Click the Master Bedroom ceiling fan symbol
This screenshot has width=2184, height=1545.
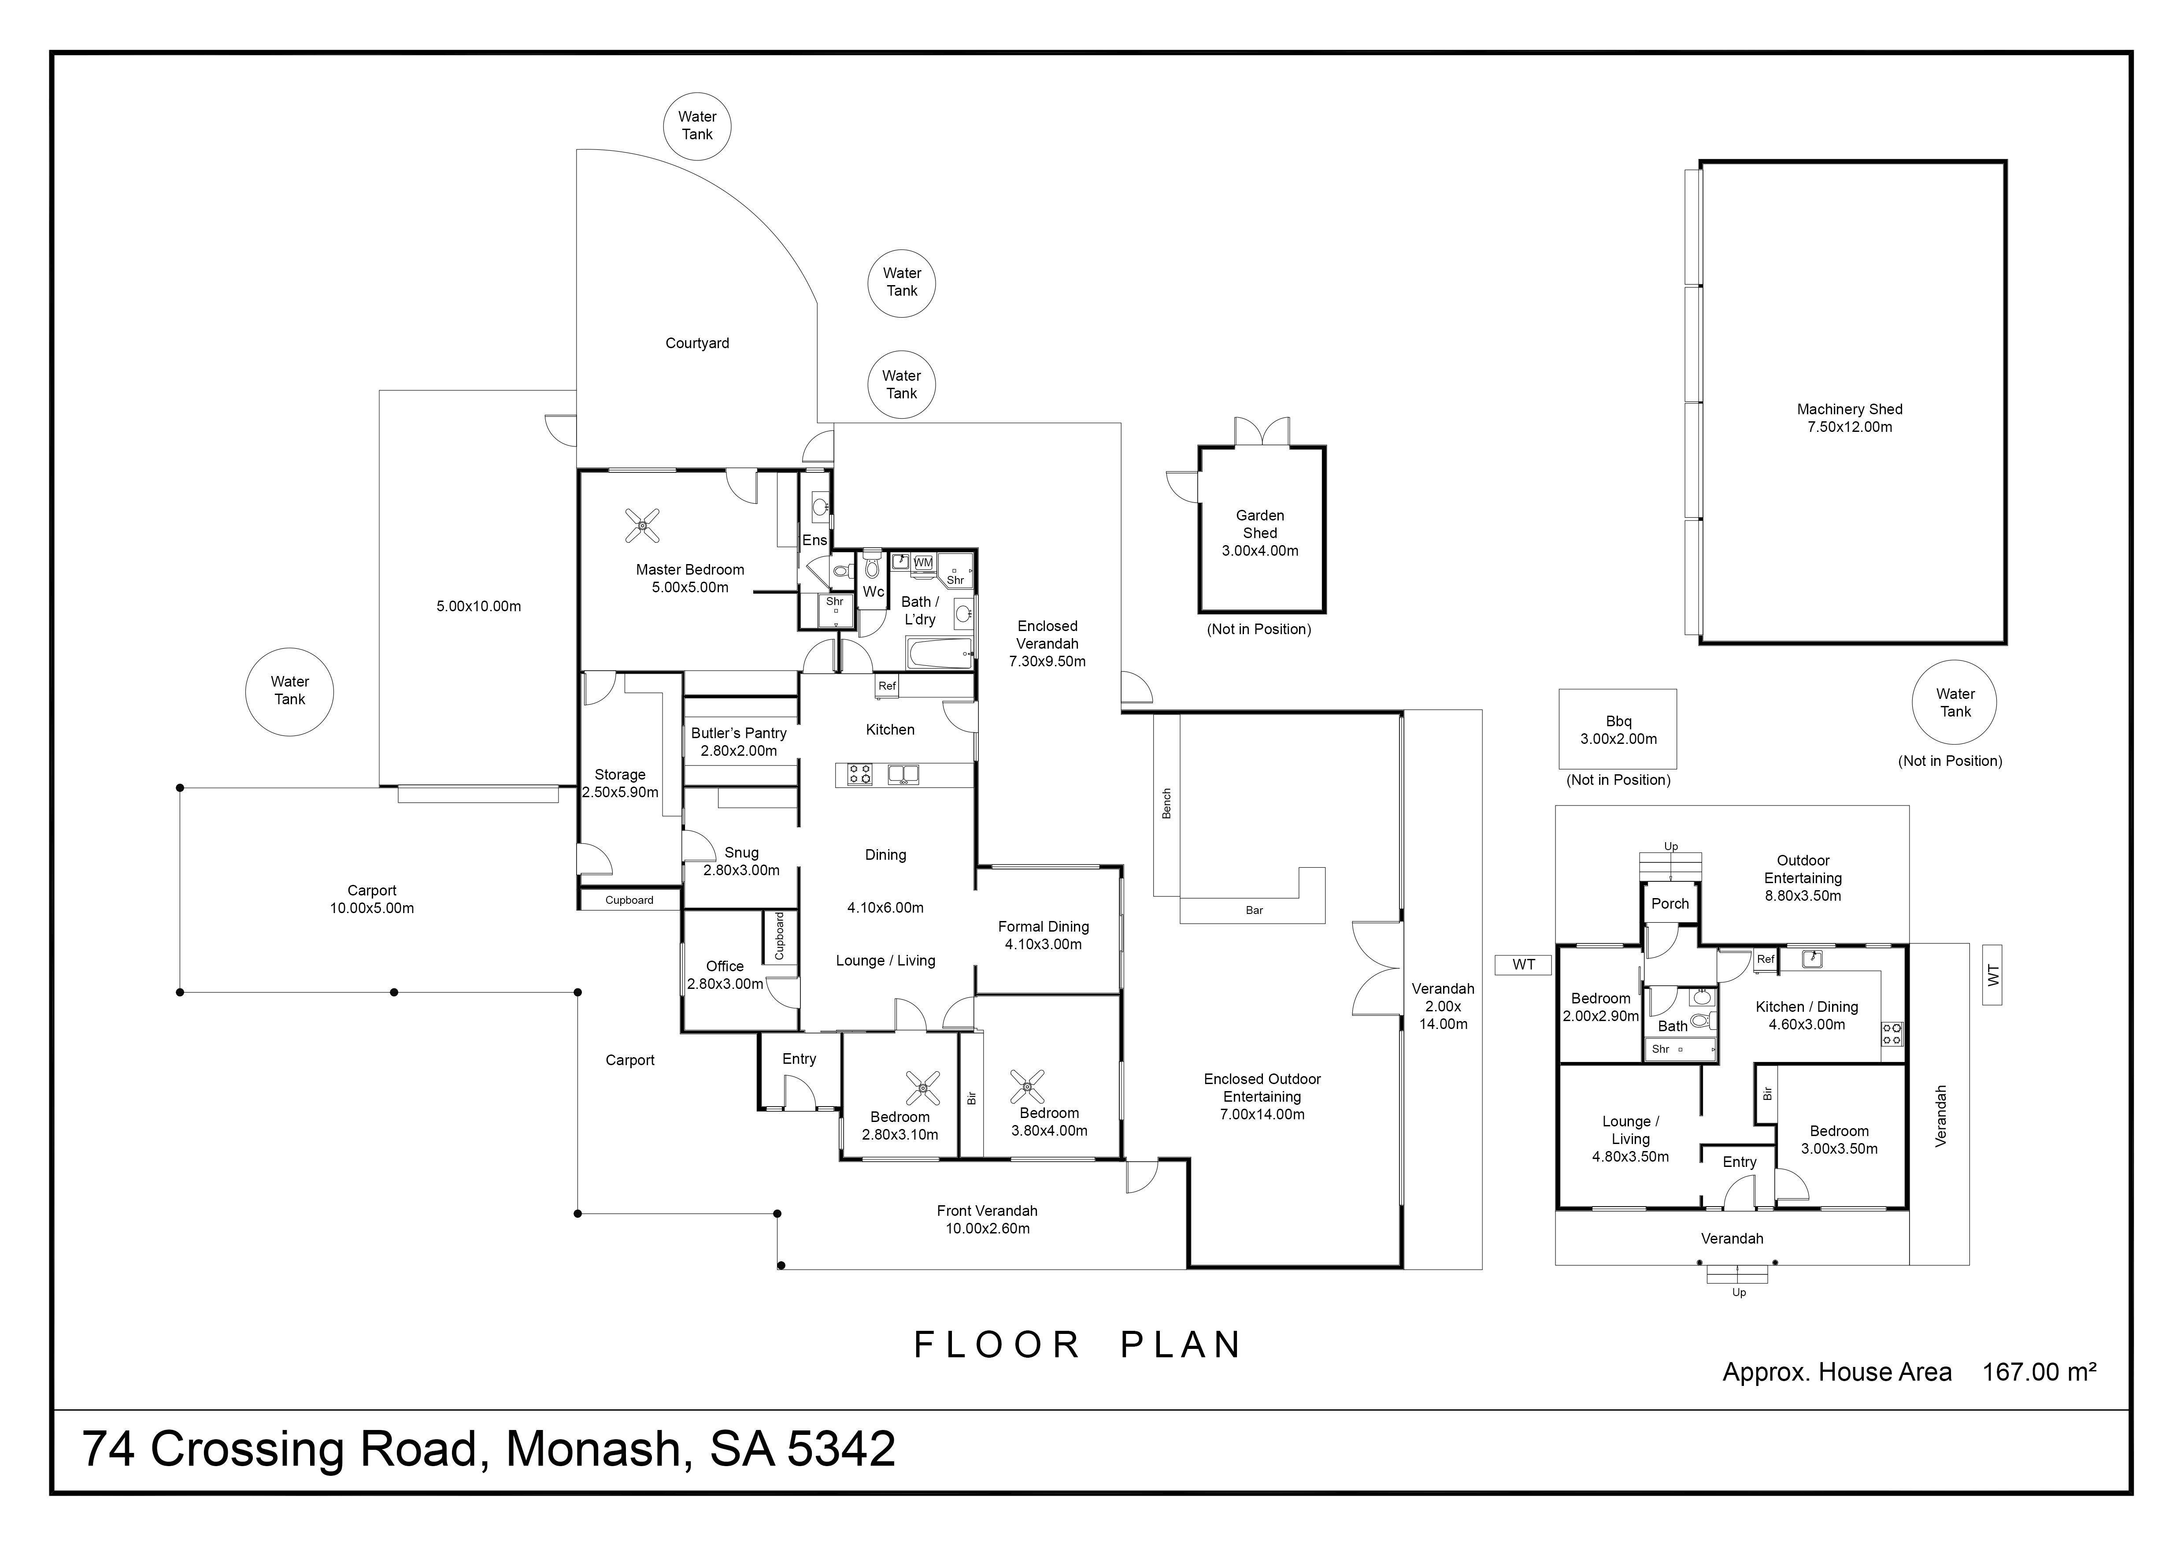(643, 525)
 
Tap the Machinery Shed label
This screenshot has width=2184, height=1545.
(1849, 409)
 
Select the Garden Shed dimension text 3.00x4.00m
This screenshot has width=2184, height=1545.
(1259, 551)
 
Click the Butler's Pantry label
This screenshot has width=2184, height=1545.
(739, 733)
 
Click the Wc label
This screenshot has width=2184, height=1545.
(873, 592)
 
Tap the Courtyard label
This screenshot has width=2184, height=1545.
(697, 343)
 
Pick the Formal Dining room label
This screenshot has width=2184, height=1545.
(1044, 927)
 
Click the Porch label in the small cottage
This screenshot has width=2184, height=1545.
(1670, 904)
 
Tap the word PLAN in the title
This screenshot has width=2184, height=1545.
(1181, 1345)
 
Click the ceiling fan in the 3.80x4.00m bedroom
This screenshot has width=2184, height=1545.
(1027, 1085)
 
